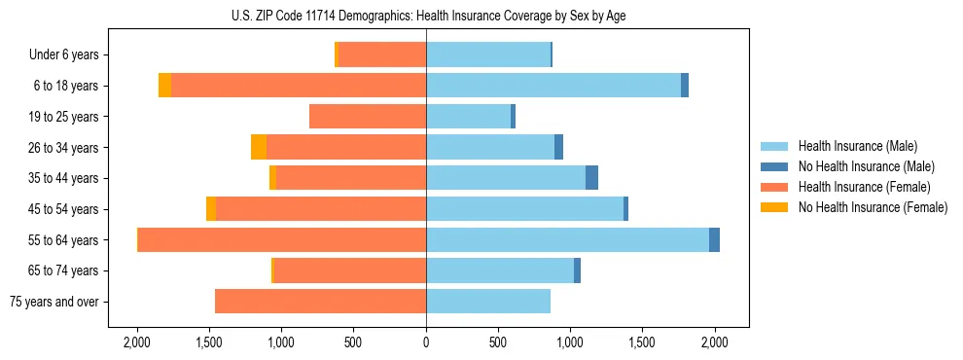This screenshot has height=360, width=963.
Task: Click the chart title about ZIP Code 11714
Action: [x=425, y=16]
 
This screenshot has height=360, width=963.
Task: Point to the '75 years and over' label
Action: [x=53, y=302]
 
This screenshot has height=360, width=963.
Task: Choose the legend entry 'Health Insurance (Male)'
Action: [x=857, y=146]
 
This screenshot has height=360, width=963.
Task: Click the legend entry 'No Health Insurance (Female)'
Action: [x=873, y=207]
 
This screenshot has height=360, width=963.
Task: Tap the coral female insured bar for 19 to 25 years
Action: [x=368, y=117]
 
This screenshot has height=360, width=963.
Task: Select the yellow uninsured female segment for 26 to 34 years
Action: [x=259, y=147]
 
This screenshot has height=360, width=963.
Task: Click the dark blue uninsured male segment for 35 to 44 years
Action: [x=591, y=178]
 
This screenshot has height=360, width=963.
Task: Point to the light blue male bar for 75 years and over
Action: [x=488, y=302]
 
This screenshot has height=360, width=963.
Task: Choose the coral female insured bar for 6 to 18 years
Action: [x=299, y=86]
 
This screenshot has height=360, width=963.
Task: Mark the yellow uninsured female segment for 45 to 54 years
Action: [x=211, y=209]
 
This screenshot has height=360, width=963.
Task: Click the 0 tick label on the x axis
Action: [x=426, y=342]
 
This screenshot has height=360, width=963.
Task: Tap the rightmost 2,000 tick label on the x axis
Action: [x=715, y=342]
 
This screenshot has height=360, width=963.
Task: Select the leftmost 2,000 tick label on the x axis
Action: [x=137, y=342]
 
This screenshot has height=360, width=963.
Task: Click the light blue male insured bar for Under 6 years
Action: [x=488, y=54]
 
